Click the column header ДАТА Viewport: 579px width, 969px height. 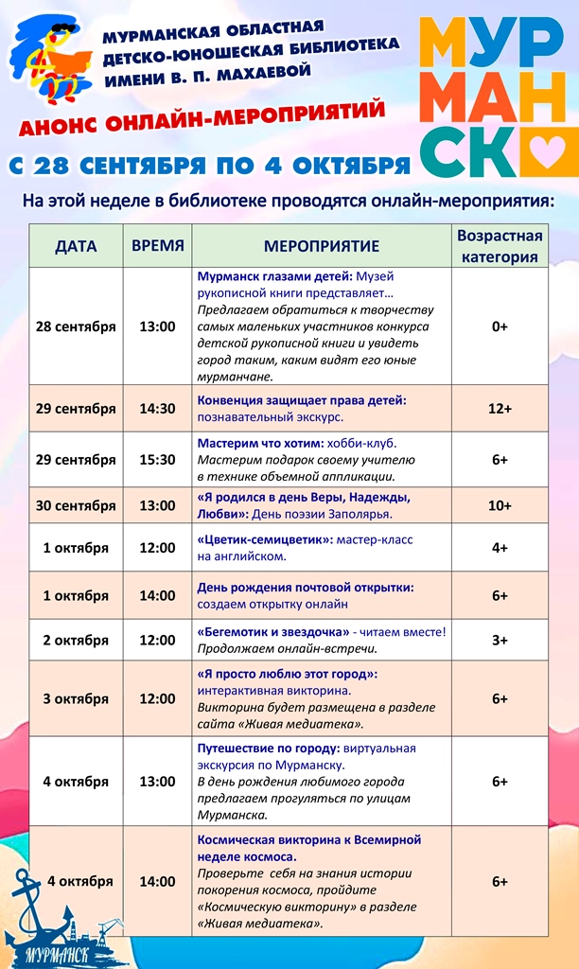76,246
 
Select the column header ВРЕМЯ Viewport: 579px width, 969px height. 157,245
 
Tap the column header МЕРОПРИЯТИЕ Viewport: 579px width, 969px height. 322,246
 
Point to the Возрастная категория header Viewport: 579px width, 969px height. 500,246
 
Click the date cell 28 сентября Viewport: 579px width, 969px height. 76,326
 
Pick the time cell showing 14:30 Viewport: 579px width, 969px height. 157,409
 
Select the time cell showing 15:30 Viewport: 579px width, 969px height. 157,459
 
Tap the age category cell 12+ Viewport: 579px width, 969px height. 500,409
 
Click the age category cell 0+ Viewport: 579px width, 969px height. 500,326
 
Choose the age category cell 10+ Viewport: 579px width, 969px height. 500,505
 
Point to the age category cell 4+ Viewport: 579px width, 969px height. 500,548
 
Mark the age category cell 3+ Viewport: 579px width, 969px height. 500,640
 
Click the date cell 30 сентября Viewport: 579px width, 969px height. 76,505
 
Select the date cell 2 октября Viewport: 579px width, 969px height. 76,640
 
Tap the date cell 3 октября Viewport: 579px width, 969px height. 76,698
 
